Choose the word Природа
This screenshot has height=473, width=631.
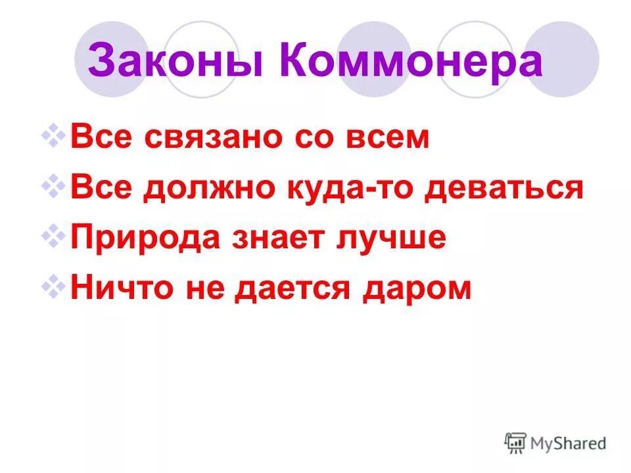click(146, 238)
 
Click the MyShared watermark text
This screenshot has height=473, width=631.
click(569, 443)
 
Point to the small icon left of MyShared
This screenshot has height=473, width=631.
click(516, 443)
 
